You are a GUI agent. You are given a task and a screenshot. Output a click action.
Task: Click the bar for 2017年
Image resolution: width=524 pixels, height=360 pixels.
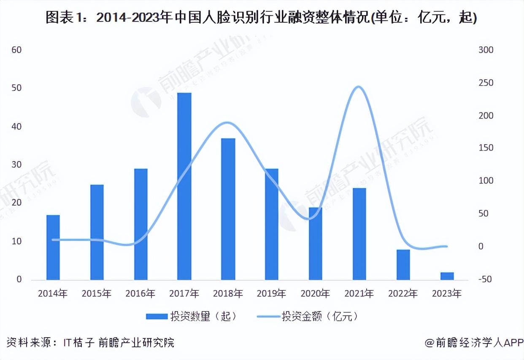184,186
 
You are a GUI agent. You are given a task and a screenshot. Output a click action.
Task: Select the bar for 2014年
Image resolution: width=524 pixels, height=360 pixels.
53,247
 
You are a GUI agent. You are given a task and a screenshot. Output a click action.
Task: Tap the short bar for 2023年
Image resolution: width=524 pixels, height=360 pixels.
447,276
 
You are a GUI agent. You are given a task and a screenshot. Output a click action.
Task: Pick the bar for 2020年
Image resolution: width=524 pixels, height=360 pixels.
316,244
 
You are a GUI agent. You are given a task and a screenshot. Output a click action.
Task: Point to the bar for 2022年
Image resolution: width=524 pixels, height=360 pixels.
403,265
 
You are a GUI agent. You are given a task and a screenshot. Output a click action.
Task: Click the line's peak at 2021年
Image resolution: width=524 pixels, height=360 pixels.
358,87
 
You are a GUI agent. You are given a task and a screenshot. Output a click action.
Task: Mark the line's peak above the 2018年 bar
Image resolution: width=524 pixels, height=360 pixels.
227,123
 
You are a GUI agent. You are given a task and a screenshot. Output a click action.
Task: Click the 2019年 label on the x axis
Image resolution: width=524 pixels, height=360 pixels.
271,293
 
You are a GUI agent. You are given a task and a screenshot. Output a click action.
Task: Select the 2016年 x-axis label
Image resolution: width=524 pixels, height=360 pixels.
140,293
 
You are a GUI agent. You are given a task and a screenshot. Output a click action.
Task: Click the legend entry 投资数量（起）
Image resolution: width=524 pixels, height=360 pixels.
192,316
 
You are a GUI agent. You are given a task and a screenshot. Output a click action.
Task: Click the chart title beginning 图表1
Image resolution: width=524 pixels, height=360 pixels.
262,18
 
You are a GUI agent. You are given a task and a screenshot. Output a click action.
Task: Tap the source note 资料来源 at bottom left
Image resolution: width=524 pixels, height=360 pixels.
90,343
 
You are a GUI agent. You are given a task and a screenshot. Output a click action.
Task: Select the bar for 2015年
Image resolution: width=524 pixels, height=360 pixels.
97,232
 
